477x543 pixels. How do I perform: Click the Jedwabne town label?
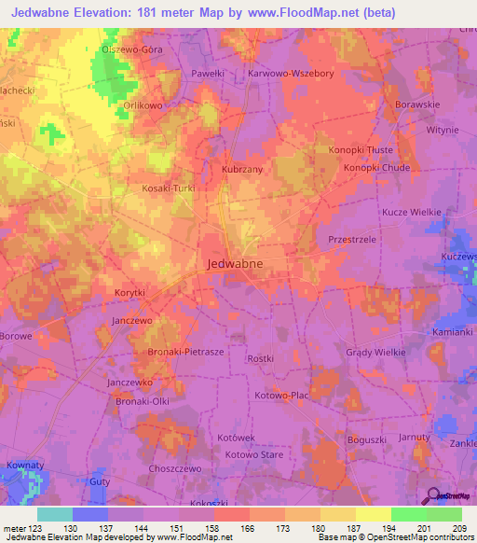233,264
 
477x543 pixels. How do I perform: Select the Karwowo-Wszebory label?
290,72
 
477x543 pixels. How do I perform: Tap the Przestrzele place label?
352,240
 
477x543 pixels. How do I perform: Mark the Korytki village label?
129,293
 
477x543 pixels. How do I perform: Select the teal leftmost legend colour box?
55,514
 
